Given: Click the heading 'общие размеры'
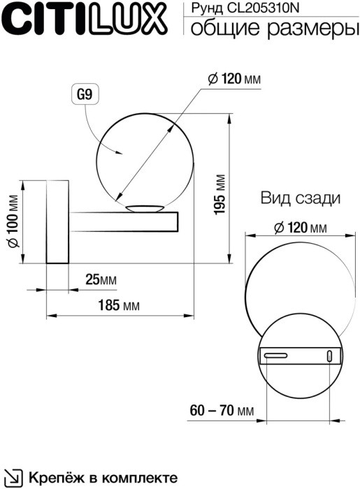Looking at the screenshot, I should pyautogui.click(x=268, y=29).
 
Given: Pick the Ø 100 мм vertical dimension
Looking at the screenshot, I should pyautogui.click(x=12, y=221).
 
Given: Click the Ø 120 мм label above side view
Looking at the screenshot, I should pyautogui.click(x=234, y=79).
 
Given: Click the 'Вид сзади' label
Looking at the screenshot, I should pyautogui.click(x=301, y=198).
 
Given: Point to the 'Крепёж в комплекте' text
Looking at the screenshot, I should pyautogui.click(x=102, y=478).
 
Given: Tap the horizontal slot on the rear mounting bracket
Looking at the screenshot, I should pyautogui.click(x=275, y=356).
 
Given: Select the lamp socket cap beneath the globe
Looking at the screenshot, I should pyautogui.click(x=144, y=207).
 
